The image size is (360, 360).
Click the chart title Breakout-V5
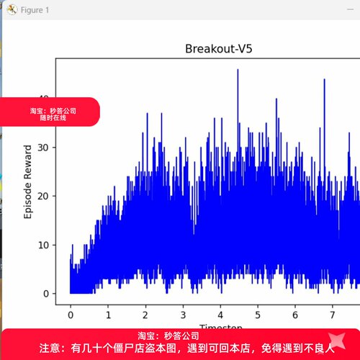coord(217,49)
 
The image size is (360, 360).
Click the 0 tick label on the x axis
coord(71,315)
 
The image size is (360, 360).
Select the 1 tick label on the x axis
coord(108,315)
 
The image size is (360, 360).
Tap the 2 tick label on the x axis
coord(145,315)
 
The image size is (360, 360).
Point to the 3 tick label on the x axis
coord(183,315)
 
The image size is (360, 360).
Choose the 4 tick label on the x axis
coord(220,315)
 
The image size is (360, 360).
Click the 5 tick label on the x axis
coord(258,315)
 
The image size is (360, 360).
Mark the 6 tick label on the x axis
coord(295,315)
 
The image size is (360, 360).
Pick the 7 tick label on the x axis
coord(333,315)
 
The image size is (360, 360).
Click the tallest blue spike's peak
coord(238,70)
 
